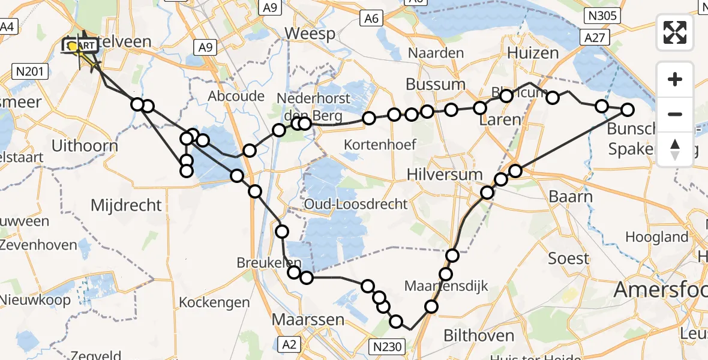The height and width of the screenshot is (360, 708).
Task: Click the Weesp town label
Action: click(310, 34)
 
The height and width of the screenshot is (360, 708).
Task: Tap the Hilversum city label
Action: click(445, 174)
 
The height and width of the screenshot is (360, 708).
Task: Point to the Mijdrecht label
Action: click(126, 205)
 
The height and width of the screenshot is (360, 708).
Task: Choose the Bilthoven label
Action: click(479, 335)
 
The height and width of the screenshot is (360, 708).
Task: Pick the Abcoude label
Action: click(236, 96)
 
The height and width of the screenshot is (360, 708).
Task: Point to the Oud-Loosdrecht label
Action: click(356, 204)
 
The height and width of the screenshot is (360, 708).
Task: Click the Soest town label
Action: click(569, 259)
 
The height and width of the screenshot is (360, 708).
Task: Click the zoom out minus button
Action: click(675, 114)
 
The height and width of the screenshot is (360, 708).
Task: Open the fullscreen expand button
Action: click(675, 32)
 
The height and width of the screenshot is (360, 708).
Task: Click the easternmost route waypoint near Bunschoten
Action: click(627, 110)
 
